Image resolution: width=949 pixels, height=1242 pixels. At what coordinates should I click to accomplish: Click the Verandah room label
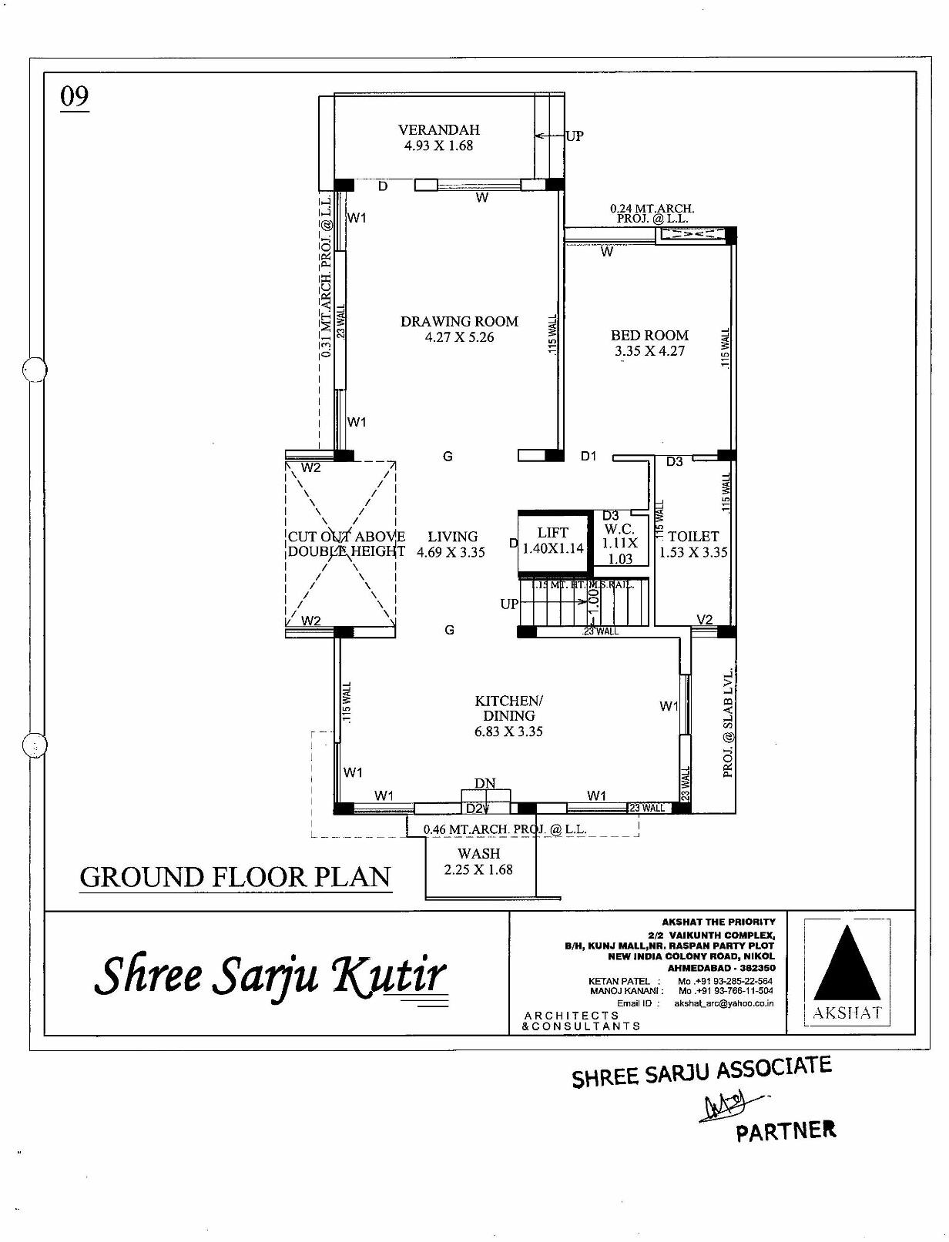[x=438, y=130]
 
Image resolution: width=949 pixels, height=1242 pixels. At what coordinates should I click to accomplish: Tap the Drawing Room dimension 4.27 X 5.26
[x=459, y=337]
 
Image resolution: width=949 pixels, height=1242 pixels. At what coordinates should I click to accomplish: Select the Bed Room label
[x=649, y=335]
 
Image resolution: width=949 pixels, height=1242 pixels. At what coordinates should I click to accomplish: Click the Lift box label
[x=552, y=533]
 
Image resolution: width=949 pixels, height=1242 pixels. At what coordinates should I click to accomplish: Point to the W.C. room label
[x=619, y=530]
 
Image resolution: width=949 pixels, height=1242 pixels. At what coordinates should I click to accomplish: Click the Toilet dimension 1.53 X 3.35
[x=693, y=552]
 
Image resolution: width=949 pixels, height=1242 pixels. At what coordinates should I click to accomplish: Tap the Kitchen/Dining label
[x=508, y=708]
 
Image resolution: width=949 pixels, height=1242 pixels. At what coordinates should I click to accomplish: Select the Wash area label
[x=478, y=853]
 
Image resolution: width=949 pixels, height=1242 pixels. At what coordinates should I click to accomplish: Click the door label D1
[x=589, y=457]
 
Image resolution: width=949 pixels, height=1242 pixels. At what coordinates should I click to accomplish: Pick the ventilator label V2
[x=704, y=620]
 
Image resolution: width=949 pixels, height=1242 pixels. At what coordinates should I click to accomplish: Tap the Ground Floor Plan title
[x=236, y=877]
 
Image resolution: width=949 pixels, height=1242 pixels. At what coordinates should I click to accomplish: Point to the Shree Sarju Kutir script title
[x=270, y=974]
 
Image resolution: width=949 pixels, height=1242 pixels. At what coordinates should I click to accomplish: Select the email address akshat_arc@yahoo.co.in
[x=723, y=1003]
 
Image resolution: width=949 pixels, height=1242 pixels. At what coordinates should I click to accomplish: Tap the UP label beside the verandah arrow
[x=575, y=136]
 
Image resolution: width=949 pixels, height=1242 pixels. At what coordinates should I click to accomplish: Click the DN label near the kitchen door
[x=485, y=784]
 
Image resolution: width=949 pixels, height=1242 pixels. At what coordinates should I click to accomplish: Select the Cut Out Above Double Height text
[x=346, y=544]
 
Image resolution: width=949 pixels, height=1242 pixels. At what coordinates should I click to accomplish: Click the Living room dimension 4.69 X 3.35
[x=451, y=552]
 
